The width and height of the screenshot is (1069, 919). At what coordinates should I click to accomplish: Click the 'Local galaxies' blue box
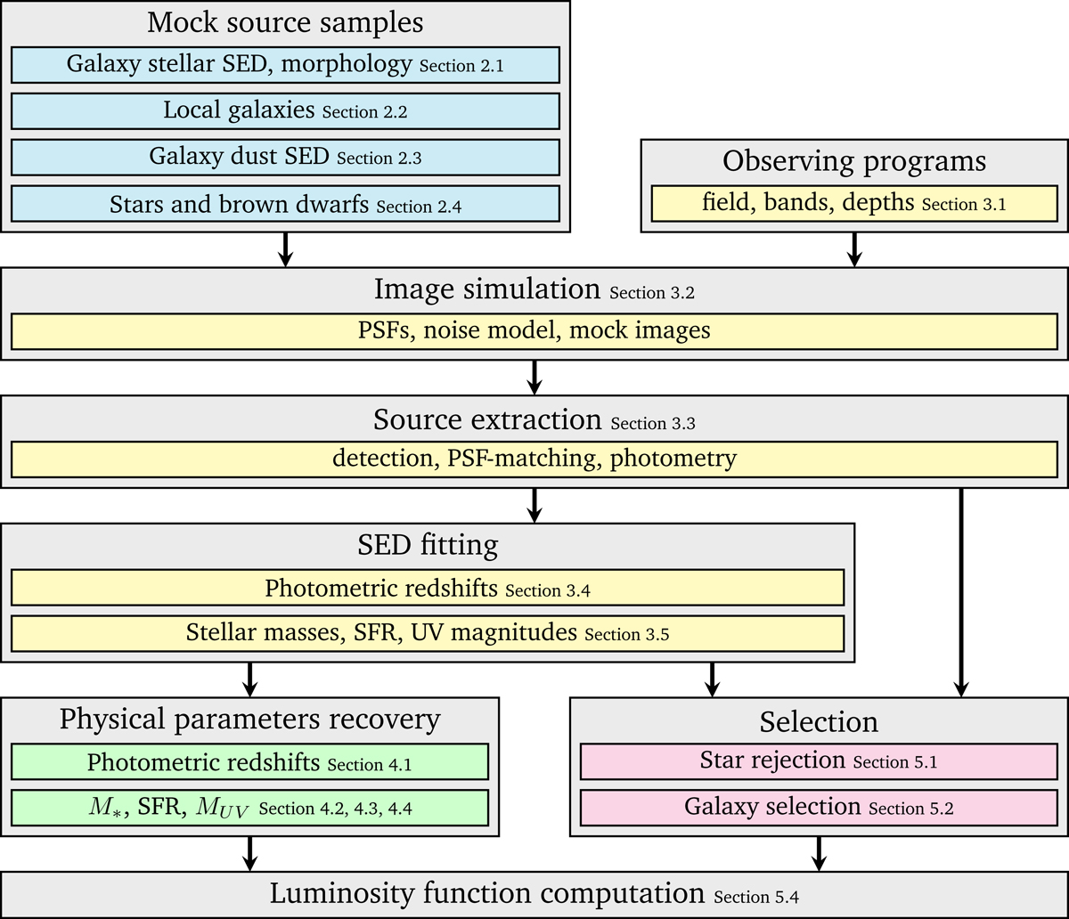pos(285,111)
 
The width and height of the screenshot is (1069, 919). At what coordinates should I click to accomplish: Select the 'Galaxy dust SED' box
pos(285,158)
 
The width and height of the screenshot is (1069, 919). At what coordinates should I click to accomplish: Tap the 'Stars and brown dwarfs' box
pos(285,204)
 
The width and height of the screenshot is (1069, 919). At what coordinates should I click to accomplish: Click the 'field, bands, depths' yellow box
pos(854,202)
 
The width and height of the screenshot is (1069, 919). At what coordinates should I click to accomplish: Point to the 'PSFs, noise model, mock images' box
pos(534,331)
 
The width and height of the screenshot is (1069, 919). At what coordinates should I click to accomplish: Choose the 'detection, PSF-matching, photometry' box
pos(534,459)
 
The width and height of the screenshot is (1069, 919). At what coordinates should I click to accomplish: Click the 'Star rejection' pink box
pos(819,762)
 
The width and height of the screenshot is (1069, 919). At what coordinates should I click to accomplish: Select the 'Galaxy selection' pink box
pos(819,808)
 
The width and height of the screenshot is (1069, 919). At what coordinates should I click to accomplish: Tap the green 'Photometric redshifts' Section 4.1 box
pos(250,762)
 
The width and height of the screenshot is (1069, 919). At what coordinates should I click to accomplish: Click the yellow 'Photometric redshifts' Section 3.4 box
pos(428,589)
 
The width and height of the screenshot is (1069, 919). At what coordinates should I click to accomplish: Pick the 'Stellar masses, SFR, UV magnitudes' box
pos(428,633)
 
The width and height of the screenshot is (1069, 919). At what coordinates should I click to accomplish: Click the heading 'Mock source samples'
pos(285,21)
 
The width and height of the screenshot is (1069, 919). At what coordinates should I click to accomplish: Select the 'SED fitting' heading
pos(428,545)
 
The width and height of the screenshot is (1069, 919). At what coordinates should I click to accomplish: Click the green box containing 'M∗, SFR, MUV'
pos(250,807)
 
